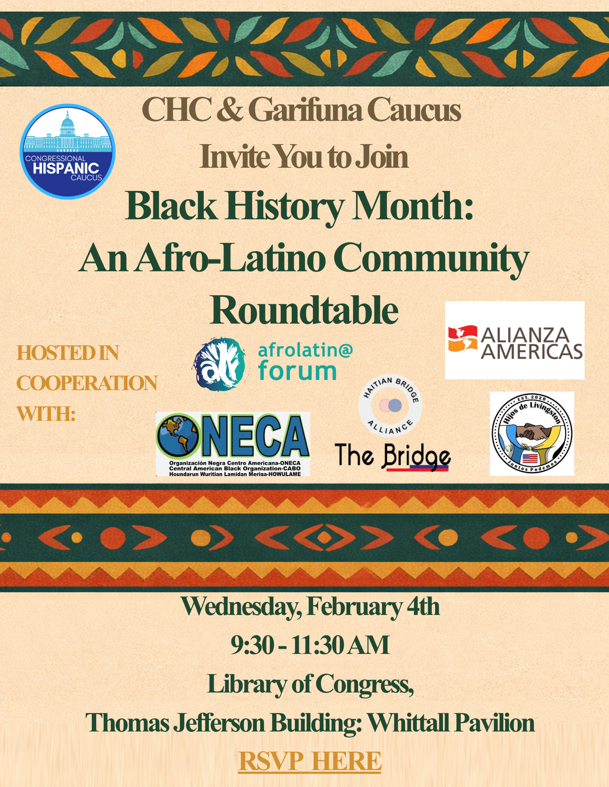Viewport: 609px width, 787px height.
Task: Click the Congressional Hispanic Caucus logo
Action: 67,152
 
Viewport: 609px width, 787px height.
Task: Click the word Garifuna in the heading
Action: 305,110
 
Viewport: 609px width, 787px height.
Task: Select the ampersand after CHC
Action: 229,110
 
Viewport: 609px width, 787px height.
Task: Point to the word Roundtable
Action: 304,310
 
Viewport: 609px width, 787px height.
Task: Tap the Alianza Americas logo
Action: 514,340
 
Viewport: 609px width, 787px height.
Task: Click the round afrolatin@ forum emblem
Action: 219,365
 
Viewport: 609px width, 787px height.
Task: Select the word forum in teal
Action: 297,372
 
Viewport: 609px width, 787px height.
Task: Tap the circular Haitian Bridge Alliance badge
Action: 390,406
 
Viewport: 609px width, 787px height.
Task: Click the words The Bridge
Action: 392,457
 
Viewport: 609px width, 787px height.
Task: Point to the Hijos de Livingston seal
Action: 532,433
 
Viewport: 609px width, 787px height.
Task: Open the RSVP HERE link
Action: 310,761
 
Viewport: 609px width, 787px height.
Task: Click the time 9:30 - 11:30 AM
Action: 310,646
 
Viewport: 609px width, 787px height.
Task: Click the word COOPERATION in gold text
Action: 87,383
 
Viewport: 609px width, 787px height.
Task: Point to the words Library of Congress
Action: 310,684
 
